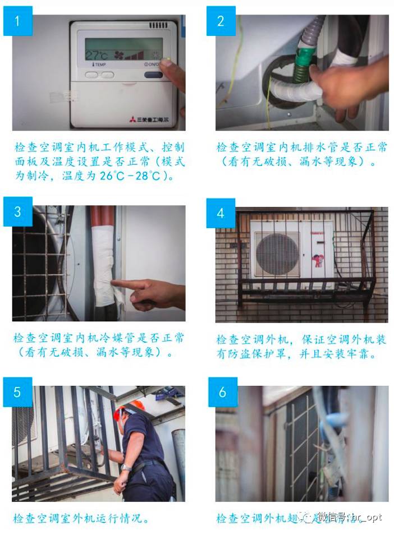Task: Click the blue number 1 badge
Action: (x=17, y=21)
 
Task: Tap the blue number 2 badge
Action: (x=221, y=21)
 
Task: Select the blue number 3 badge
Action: (x=17, y=212)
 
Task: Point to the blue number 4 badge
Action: (x=221, y=213)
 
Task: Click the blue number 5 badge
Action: (x=17, y=391)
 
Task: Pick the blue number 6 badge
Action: (x=222, y=391)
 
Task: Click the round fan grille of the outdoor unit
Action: (x=277, y=254)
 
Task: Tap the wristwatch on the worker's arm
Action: (x=126, y=468)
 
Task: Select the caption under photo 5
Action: (x=81, y=519)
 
